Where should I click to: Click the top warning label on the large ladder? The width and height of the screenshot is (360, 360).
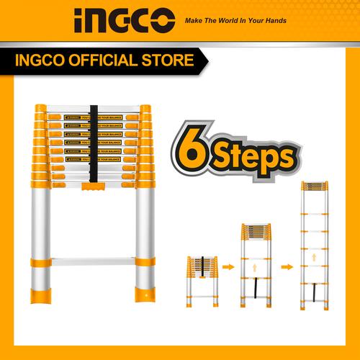(x=93, y=116)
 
